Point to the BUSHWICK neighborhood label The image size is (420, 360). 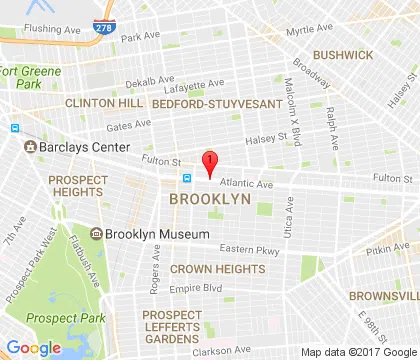pos(342,55)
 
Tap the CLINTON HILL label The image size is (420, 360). pos(98,102)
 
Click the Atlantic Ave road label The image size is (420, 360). pos(245,184)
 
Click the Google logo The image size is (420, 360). pos(33,347)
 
